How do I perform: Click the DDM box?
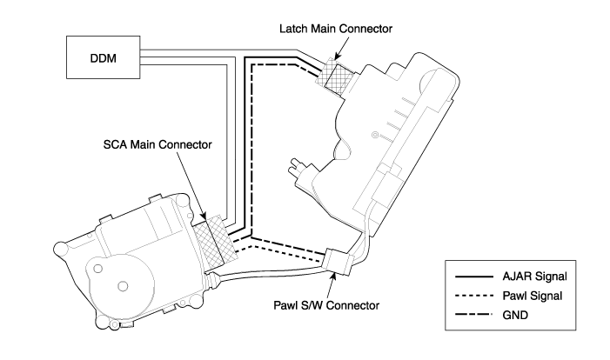point(103,57)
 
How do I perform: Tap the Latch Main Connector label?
point(336,29)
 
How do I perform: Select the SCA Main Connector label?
point(158,144)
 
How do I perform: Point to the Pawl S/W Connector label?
point(326,305)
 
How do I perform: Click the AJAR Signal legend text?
point(534,277)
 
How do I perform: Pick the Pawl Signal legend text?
point(533,296)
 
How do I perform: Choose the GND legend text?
point(515,315)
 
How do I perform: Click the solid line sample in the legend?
point(474,277)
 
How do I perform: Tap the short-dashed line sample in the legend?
point(474,296)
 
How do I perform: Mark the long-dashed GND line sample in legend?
point(474,314)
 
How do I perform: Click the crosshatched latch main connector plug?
point(335,77)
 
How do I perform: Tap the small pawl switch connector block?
point(339,262)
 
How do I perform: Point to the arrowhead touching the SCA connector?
point(204,217)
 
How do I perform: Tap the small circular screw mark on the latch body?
point(375,135)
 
